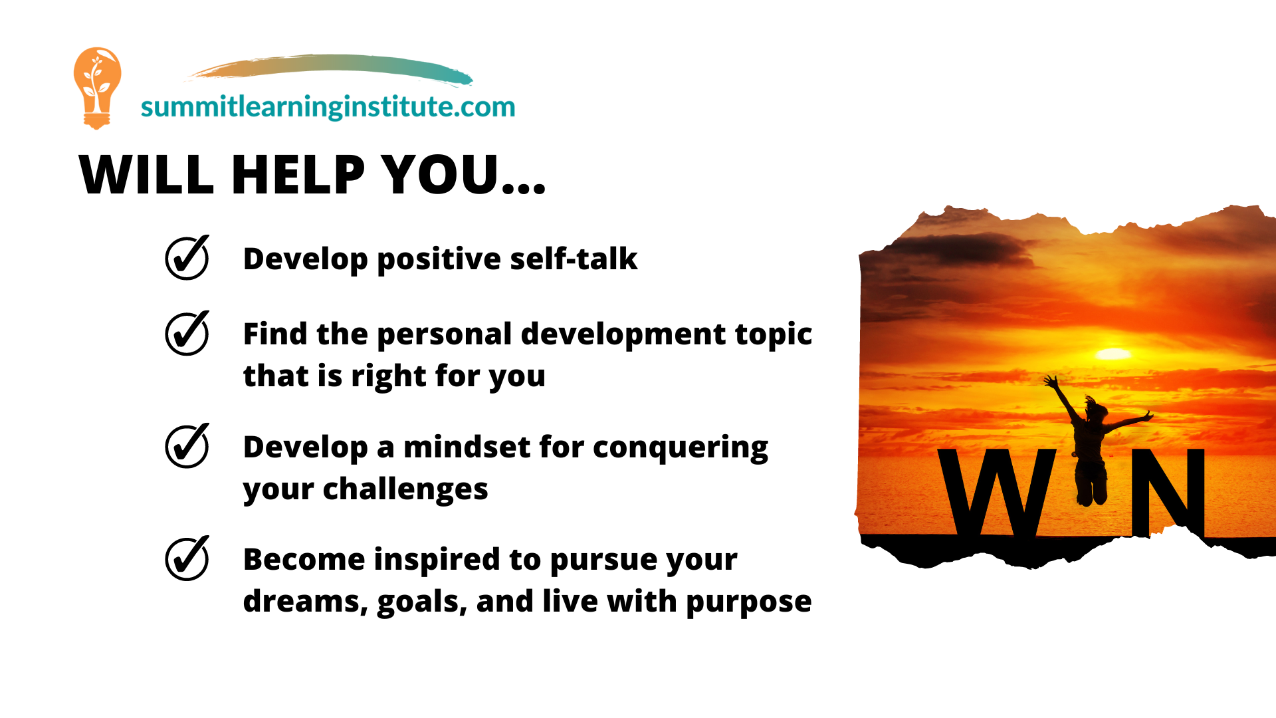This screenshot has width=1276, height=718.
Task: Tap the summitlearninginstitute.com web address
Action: [328, 106]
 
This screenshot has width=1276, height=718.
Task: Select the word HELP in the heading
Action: [298, 174]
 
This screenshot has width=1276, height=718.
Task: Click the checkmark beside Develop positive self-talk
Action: [187, 257]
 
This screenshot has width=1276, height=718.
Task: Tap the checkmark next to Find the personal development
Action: [187, 333]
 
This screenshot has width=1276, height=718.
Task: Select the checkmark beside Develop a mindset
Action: [187, 445]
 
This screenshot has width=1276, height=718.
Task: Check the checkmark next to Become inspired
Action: [187, 558]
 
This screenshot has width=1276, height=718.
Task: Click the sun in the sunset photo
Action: [1113, 354]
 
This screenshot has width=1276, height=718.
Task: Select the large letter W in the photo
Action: [996, 492]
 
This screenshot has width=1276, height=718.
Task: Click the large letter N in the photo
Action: [1168, 492]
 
